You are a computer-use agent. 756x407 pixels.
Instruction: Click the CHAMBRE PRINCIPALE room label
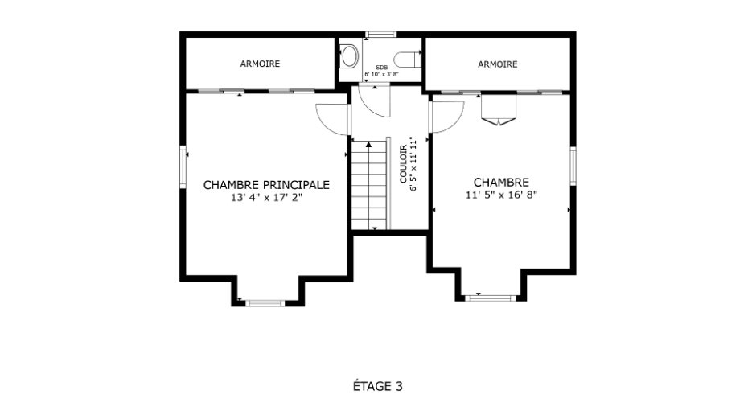click(266, 185)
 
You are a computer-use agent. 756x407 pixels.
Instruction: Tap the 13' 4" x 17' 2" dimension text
click(266, 197)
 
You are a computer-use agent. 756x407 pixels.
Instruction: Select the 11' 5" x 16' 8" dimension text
click(501, 195)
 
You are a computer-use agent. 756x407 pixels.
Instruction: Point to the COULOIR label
click(403, 164)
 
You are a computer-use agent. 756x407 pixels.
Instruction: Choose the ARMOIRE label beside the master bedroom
click(260, 64)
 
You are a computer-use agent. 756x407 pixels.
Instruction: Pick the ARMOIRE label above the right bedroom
click(498, 64)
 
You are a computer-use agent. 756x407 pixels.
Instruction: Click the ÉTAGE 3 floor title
click(377, 386)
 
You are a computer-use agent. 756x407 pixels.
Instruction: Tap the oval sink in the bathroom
click(349, 56)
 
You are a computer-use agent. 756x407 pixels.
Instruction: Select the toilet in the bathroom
click(408, 60)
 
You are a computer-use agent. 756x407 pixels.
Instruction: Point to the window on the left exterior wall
click(183, 166)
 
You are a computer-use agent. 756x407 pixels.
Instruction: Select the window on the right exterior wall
click(573, 166)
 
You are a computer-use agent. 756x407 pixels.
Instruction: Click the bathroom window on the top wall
click(380, 35)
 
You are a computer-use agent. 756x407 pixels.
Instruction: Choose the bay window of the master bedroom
click(265, 303)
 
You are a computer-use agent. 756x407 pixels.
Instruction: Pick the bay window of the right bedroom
click(491, 298)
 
